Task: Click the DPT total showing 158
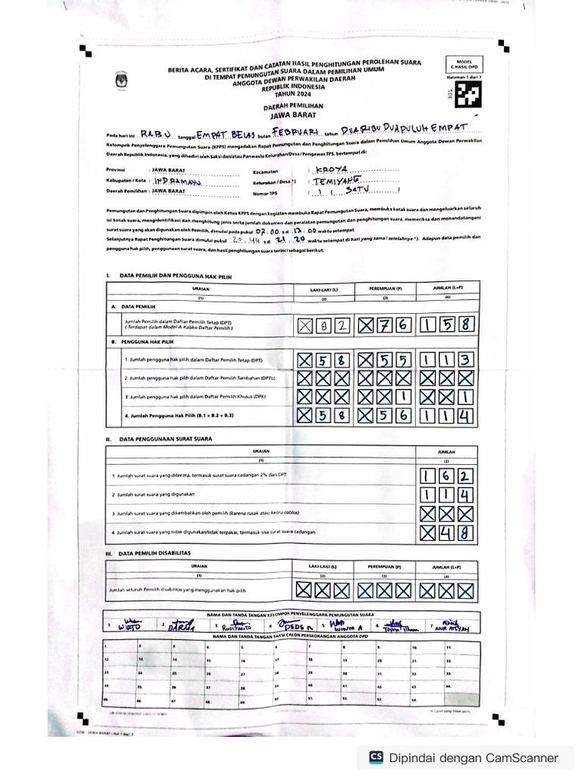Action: [449, 326]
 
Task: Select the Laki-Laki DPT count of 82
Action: [325, 326]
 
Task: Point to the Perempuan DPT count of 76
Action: [386, 326]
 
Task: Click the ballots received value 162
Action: [447, 477]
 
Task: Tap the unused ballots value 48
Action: [447, 532]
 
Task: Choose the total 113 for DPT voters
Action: [448, 359]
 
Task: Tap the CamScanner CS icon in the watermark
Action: [376, 757]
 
